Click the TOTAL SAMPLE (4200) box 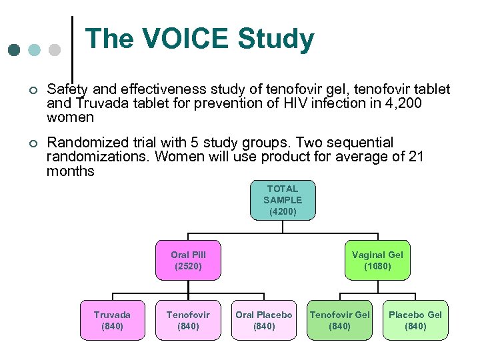(283, 200)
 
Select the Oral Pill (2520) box (188, 260)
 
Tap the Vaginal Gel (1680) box (377, 260)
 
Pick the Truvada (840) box (112, 320)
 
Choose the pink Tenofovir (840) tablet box (188, 320)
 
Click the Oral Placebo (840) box (264, 320)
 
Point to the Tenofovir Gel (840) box (340, 320)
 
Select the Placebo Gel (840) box (415, 320)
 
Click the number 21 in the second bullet (415, 157)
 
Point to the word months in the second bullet (71, 171)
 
